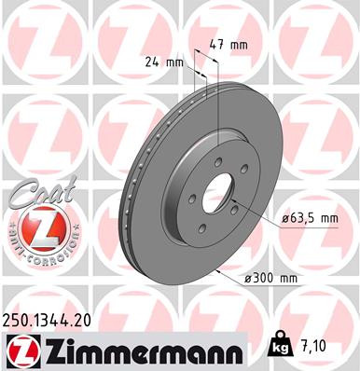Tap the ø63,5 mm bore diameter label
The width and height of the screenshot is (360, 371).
310,218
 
